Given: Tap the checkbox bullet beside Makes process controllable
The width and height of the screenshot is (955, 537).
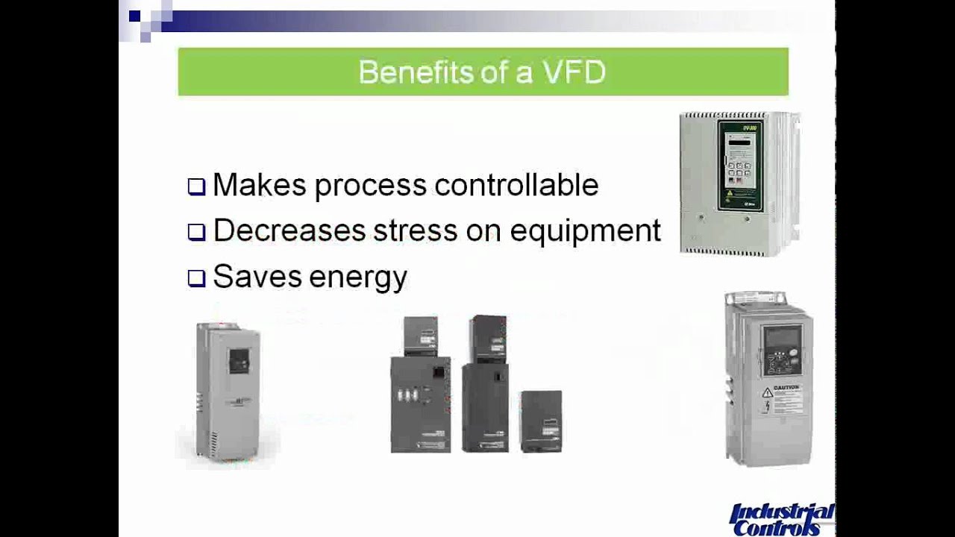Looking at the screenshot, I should [196, 186].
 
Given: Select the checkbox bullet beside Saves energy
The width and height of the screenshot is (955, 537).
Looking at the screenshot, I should [196, 278].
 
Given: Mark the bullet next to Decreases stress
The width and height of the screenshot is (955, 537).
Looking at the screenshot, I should [196, 232].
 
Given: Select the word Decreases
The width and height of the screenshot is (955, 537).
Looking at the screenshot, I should [289, 231].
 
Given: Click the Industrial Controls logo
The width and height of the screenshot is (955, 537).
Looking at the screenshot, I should [780, 519].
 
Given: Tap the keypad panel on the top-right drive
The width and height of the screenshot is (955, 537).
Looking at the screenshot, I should [740, 164].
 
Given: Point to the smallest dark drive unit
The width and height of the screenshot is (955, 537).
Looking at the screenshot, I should [541, 421].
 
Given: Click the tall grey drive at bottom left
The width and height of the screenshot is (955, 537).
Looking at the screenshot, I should [228, 389].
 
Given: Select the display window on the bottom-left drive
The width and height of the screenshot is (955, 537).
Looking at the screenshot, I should [239, 361].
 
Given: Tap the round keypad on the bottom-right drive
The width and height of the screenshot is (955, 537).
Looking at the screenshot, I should [779, 364].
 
